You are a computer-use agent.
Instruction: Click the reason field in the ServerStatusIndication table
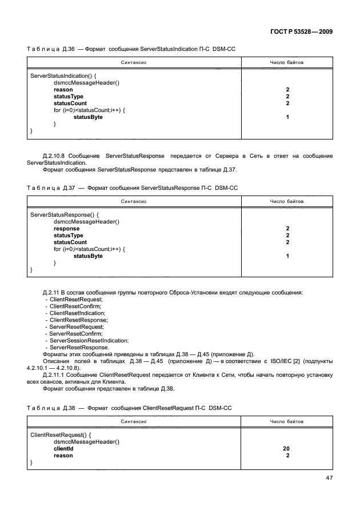(63, 90)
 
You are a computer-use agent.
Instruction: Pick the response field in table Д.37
(66, 229)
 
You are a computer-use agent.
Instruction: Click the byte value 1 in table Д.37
(287, 256)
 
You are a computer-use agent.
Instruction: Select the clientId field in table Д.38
(63, 449)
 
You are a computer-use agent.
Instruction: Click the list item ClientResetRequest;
(76, 300)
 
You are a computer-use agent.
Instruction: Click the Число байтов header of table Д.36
(287, 62)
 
